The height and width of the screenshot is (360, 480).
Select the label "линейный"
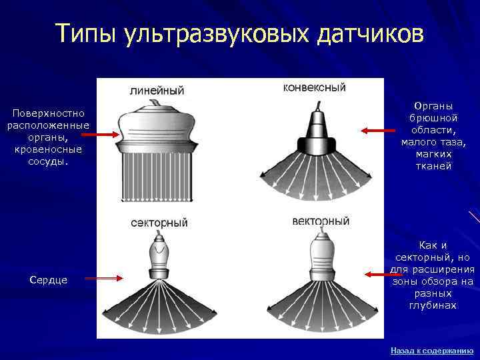[x=157, y=90]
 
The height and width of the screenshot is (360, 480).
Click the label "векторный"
[x=321, y=221]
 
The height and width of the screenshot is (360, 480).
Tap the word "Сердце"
[x=48, y=280]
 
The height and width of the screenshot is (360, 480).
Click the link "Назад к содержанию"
[x=431, y=350]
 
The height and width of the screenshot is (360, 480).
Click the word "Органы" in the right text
[x=433, y=106]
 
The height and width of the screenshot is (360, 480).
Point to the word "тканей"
[x=433, y=166]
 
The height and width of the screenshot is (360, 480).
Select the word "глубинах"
[x=433, y=305]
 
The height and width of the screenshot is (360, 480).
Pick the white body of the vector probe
[x=321, y=254]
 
